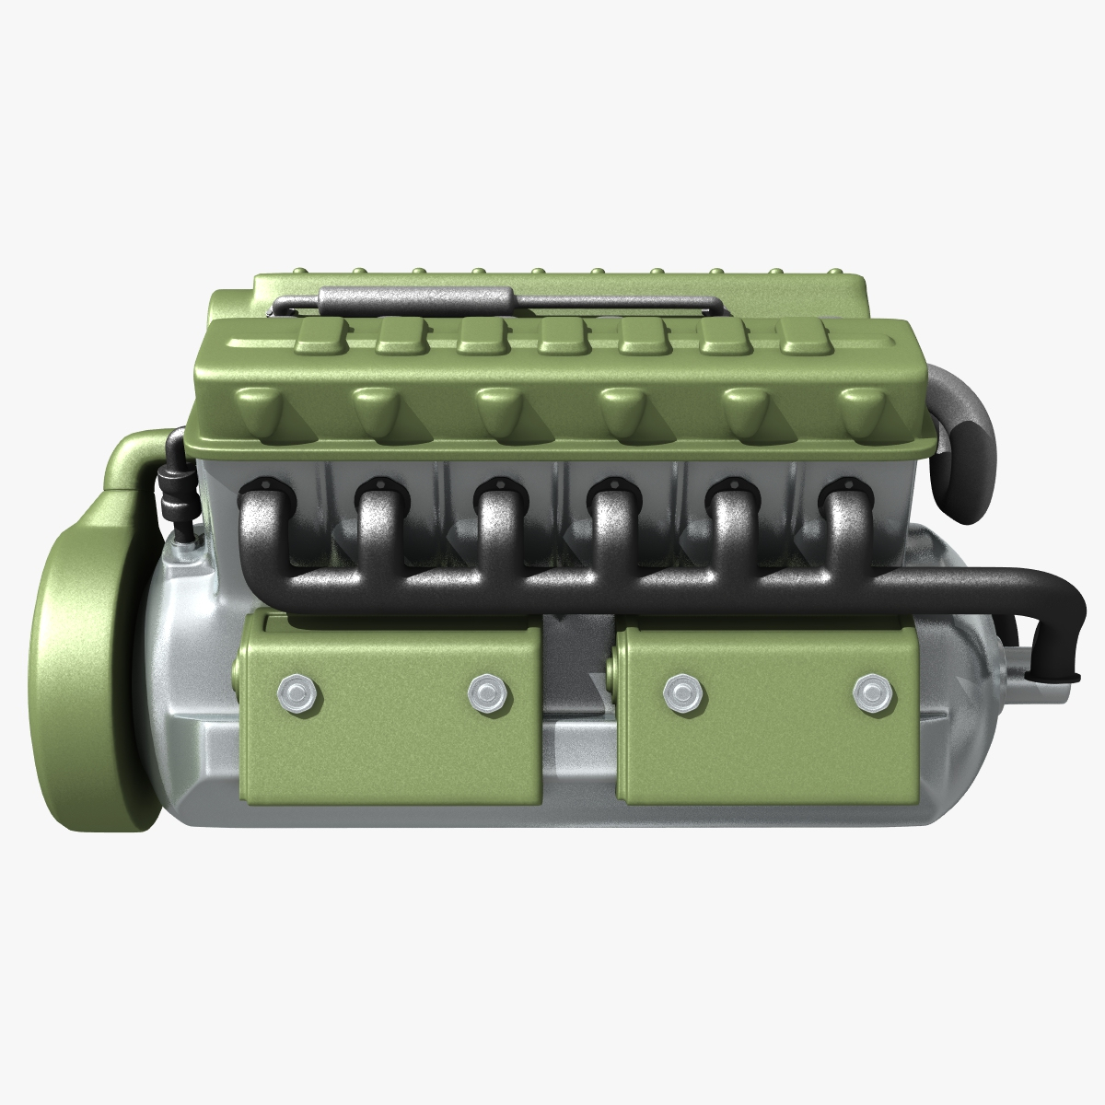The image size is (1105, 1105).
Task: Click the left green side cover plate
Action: (387, 709)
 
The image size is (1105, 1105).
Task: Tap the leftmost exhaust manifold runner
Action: (258, 525)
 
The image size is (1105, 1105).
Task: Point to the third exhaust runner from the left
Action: (494, 525)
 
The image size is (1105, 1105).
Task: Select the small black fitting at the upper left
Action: (170, 493)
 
